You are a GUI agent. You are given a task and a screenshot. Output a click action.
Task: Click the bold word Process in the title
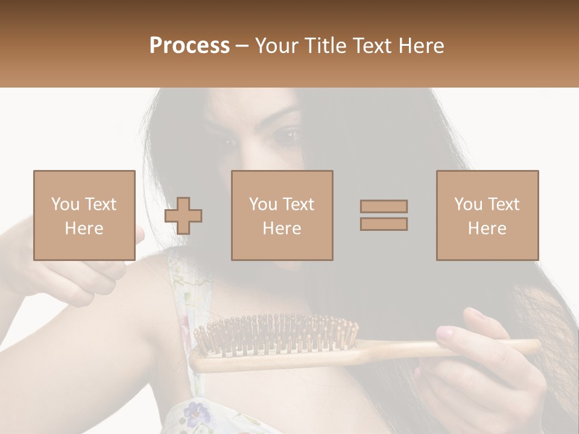(x=189, y=46)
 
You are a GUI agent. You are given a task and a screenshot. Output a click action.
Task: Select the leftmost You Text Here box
(x=84, y=215)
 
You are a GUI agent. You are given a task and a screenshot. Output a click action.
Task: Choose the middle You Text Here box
(x=282, y=215)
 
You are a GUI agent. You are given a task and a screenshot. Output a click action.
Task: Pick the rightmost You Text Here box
(x=487, y=215)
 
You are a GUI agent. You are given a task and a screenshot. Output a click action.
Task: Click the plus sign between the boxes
(x=183, y=216)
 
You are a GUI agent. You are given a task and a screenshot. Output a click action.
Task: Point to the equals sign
(x=384, y=215)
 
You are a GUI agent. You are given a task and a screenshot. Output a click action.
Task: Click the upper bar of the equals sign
(x=384, y=206)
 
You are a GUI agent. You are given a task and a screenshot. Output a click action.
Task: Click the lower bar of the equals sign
(x=384, y=224)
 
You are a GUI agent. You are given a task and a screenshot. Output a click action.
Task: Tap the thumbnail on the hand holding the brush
(x=445, y=332)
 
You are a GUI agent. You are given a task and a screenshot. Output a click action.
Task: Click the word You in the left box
(x=65, y=204)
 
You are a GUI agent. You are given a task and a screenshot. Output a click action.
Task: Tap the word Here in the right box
(x=487, y=228)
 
